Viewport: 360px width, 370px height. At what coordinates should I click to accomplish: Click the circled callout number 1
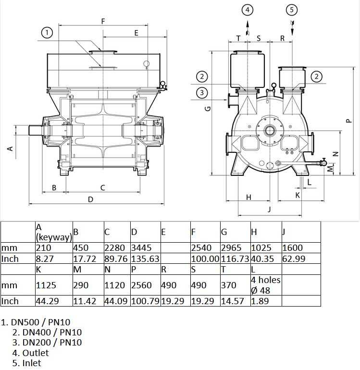[47, 32]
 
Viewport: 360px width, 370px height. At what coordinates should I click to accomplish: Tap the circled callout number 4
[248, 10]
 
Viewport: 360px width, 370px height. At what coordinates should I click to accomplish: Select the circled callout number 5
[292, 10]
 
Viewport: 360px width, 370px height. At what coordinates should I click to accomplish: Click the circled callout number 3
[202, 92]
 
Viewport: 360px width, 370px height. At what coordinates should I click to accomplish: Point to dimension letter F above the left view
[103, 22]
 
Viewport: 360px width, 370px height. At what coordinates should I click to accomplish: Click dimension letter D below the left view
[91, 199]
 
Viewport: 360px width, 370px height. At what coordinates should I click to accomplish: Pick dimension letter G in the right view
[208, 109]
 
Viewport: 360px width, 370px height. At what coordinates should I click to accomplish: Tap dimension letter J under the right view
[270, 209]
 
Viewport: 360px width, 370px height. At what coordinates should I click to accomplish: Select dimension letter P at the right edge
[349, 121]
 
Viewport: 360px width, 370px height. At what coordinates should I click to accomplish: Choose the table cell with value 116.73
[235, 259]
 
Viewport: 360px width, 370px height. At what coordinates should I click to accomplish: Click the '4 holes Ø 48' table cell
[266, 285]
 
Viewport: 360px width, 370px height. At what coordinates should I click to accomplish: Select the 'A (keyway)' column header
[54, 232]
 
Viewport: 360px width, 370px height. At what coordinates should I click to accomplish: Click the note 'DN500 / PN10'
[40, 322]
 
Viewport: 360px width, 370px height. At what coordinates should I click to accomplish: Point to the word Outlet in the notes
[36, 353]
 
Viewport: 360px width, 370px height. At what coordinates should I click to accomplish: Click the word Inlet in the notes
[32, 363]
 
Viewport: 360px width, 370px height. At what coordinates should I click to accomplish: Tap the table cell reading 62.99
[294, 259]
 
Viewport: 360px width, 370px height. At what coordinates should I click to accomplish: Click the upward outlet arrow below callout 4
[248, 28]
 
